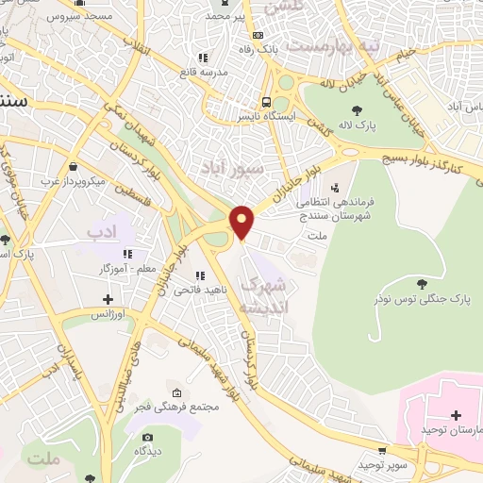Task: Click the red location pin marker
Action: [243, 222]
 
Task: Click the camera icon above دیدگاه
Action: [147, 437]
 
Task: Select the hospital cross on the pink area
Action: [456, 415]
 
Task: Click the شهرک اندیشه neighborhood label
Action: [263, 296]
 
